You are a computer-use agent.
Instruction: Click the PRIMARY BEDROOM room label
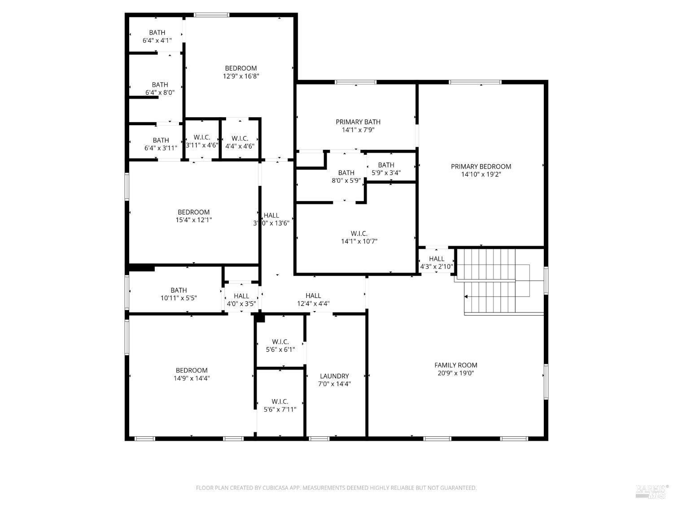pyautogui.click(x=481, y=167)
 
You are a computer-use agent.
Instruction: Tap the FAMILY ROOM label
pyautogui.click(x=456, y=365)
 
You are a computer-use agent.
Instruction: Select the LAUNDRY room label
pyautogui.click(x=334, y=376)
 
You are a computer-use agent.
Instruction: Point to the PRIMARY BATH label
pyautogui.click(x=358, y=122)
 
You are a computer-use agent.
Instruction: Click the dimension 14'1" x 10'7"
pyautogui.click(x=359, y=242)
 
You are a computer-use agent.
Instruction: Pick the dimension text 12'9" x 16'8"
pyautogui.click(x=241, y=76)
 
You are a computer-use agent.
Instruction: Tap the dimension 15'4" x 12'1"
pyautogui.click(x=194, y=220)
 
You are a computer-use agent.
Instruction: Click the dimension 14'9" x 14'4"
pyautogui.click(x=192, y=378)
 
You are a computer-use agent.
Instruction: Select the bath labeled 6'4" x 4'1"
pyautogui.click(x=157, y=36)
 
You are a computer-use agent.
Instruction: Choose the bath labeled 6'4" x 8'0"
pyautogui.click(x=160, y=88)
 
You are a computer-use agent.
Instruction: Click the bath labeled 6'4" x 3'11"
pyautogui.click(x=161, y=144)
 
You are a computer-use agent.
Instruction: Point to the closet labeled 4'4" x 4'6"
pyautogui.click(x=240, y=142)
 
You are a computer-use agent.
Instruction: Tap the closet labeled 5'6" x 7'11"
pyautogui.click(x=280, y=405)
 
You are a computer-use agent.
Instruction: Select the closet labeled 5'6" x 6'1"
pyautogui.click(x=280, y=346)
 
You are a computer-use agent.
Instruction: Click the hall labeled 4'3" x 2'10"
pyautogui.click(x=436, y=263)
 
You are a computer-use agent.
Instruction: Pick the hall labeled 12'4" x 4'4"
pyautogui.click(x=313, y=299)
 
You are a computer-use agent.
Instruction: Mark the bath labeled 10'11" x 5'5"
pyautogui.click(x=179, y=294)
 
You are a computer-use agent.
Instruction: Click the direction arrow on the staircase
pyautogui.click(x=467, y=297)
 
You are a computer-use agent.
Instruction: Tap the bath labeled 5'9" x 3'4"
pyautogui.click(x=386, y=169)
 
